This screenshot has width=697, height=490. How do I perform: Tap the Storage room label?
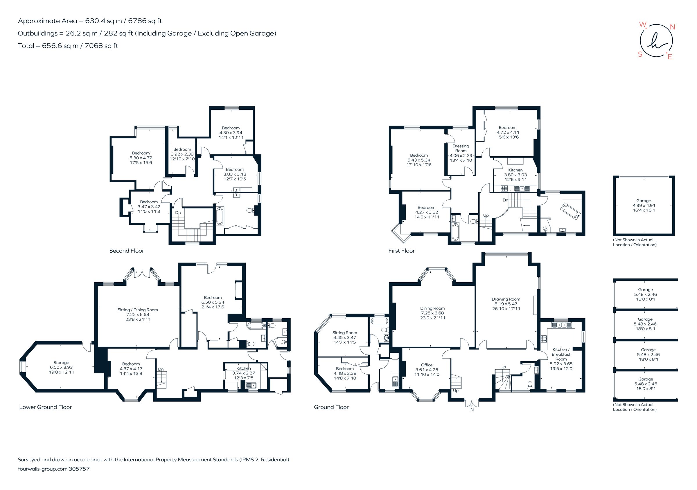61,363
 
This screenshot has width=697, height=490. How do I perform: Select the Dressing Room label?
461,148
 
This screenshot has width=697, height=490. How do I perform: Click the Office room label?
427,365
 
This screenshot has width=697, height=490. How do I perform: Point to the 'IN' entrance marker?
471,410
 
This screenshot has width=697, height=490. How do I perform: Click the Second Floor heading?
127,251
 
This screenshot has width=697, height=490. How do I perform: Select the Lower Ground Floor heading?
46,407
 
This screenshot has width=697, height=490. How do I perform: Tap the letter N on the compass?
672,27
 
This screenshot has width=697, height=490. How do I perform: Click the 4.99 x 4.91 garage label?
644,205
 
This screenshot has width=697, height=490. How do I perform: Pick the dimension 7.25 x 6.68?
432,313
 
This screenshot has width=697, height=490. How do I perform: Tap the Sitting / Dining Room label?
138,310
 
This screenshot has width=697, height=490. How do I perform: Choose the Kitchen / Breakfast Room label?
561,354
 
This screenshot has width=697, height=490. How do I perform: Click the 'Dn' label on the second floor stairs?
178,213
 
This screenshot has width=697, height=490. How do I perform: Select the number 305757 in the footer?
79,469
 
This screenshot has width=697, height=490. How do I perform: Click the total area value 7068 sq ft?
101,46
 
